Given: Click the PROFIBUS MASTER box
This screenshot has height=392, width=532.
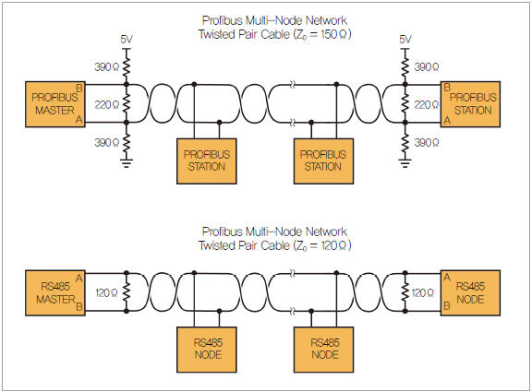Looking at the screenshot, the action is point(55,104).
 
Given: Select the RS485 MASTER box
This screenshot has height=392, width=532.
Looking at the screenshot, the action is point(55,293).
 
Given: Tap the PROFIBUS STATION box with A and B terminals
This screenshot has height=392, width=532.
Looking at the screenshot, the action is point(470,104).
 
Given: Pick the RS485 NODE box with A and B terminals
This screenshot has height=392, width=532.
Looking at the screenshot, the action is point(470,293).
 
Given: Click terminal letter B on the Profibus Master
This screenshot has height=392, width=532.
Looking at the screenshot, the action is point(79,89).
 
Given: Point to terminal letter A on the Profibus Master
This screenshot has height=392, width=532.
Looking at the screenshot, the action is point(79,120).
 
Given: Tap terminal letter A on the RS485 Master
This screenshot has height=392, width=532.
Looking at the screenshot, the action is point(79,279).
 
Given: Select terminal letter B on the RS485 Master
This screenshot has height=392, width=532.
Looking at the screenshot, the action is point(79,307).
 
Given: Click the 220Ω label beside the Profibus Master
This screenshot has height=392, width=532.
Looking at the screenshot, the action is point(107,105).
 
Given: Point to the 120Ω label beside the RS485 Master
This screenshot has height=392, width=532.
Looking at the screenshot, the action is point(106,292).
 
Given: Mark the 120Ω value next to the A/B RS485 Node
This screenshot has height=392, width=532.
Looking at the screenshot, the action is point(422,292).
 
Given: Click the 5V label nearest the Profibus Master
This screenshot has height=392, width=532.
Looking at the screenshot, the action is point(127,40).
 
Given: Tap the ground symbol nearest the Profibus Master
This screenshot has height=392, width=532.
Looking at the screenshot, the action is point(127,163).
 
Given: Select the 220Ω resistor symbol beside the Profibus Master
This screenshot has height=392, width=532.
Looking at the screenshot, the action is point(127,103).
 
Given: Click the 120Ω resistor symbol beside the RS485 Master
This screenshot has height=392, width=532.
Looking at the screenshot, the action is point(127,291).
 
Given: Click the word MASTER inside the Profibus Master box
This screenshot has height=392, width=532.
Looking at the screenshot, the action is point(55,111).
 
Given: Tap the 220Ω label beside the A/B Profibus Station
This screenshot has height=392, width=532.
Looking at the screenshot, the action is point(427,105).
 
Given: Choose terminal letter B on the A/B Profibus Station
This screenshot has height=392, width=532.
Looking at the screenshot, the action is point(447,88).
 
